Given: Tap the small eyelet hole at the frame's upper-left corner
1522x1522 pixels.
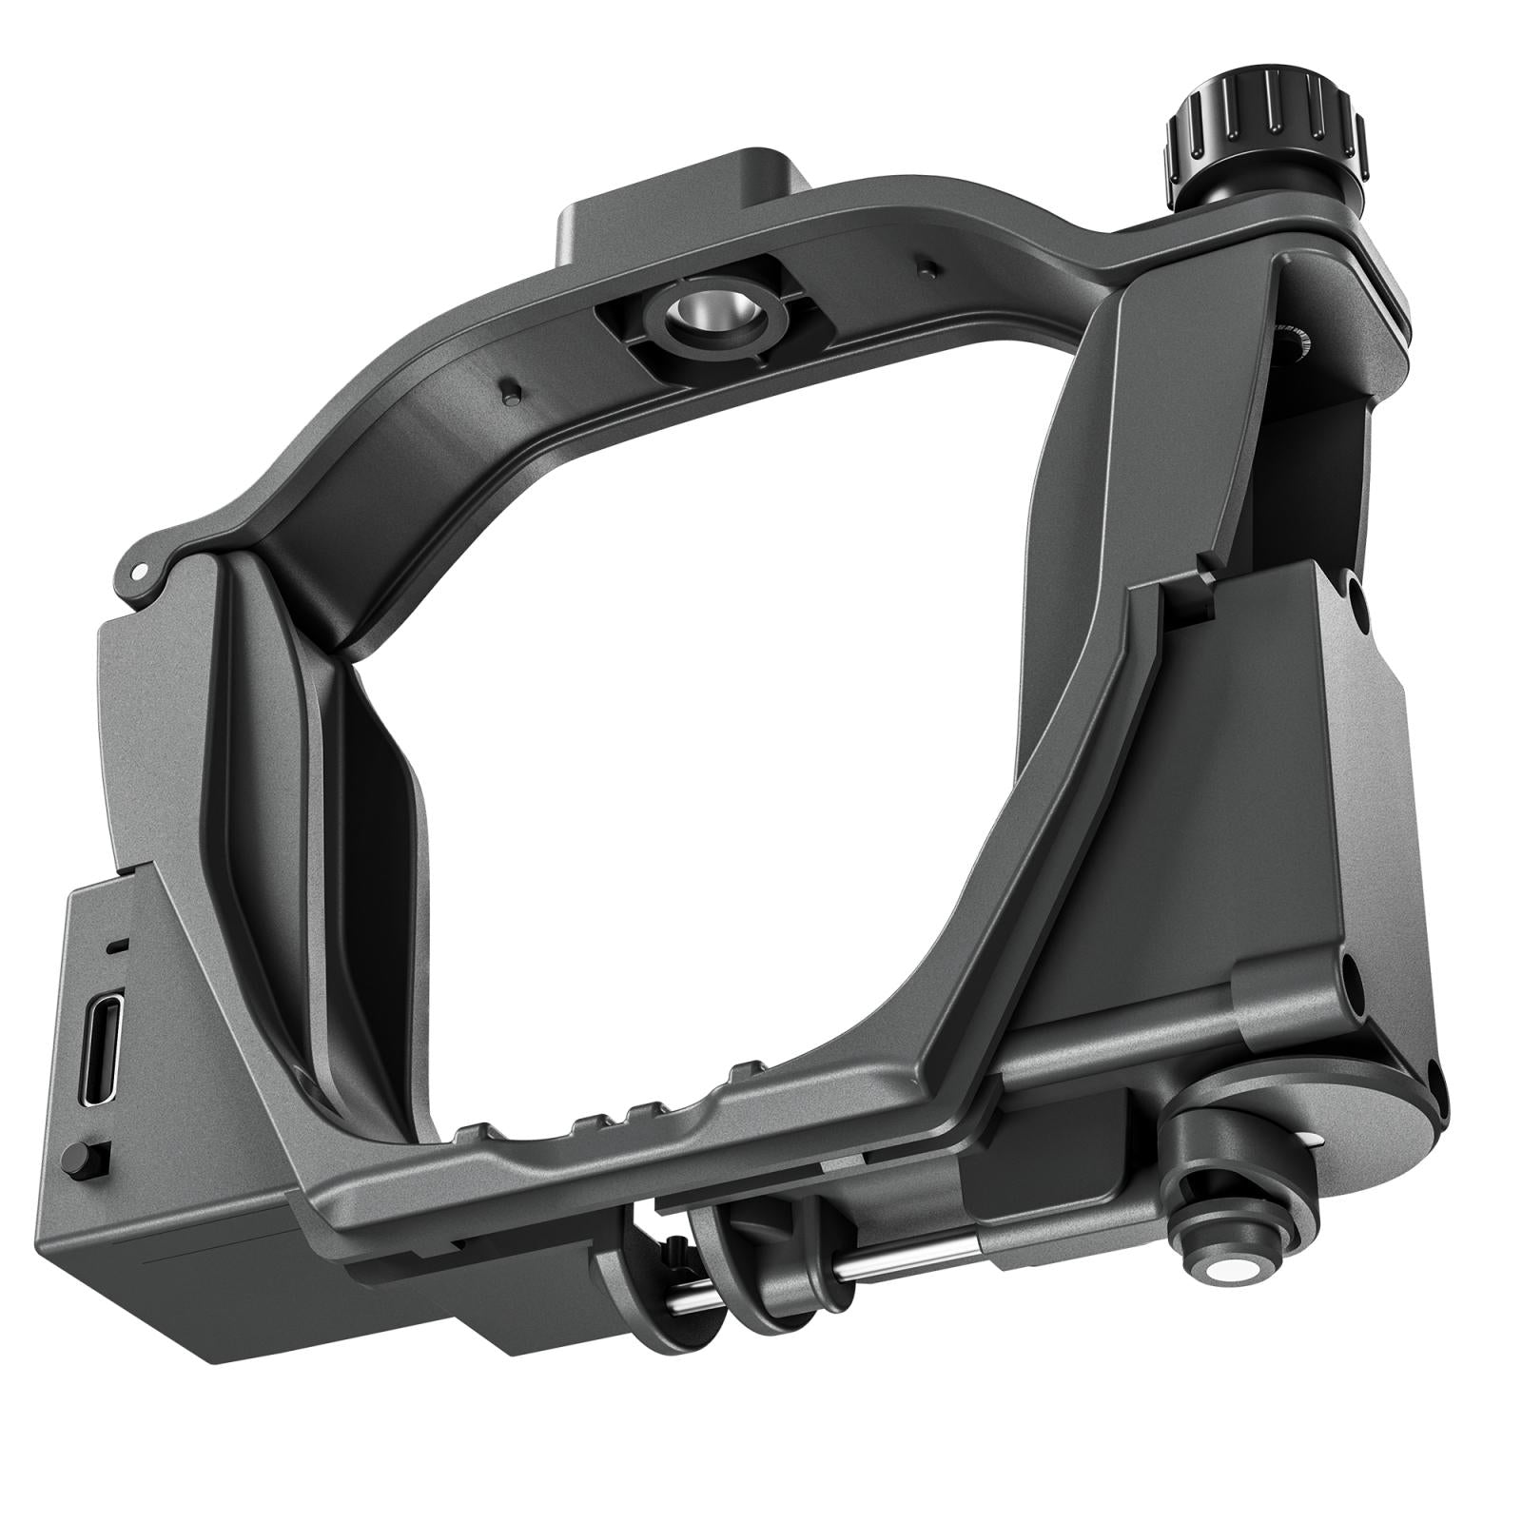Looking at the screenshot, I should click(139, 572).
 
